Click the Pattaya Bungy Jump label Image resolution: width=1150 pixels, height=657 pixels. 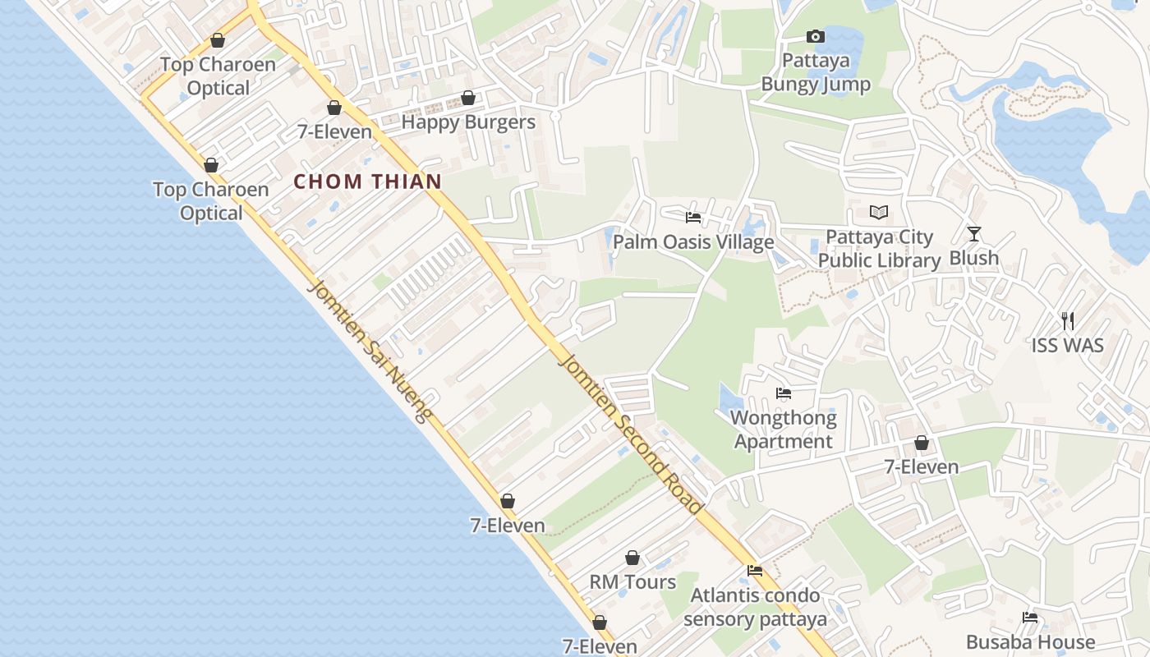click(815, 72)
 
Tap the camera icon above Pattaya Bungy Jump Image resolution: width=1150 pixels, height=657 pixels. click(815, 36)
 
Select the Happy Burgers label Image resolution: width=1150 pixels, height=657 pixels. click(468, 122)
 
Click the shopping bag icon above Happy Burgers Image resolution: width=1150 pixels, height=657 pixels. click(468, 99)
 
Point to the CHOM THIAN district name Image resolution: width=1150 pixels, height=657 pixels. click(368, 181)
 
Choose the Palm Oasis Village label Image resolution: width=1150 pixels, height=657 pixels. click(693, 241)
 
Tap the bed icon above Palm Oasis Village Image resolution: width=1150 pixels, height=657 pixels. click(693, 218)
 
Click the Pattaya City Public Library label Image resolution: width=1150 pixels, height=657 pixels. click(879, 249)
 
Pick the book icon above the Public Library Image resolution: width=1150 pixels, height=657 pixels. click(879, 213)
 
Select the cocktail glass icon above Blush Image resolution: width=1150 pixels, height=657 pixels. click(973, 234)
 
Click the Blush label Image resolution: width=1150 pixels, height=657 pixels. click(973, 258)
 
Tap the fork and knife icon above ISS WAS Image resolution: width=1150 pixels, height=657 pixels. click(1067, 320)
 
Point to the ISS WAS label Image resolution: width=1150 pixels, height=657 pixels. click(1067, 345)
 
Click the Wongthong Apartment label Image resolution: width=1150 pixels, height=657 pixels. click(783, 430)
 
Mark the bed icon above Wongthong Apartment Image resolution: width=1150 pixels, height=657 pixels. click(783, 393)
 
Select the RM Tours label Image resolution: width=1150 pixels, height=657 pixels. click(632, 582)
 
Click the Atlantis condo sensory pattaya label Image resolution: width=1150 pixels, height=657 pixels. click(755, 607)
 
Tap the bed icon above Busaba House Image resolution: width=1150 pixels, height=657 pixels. click(1030, 618)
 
